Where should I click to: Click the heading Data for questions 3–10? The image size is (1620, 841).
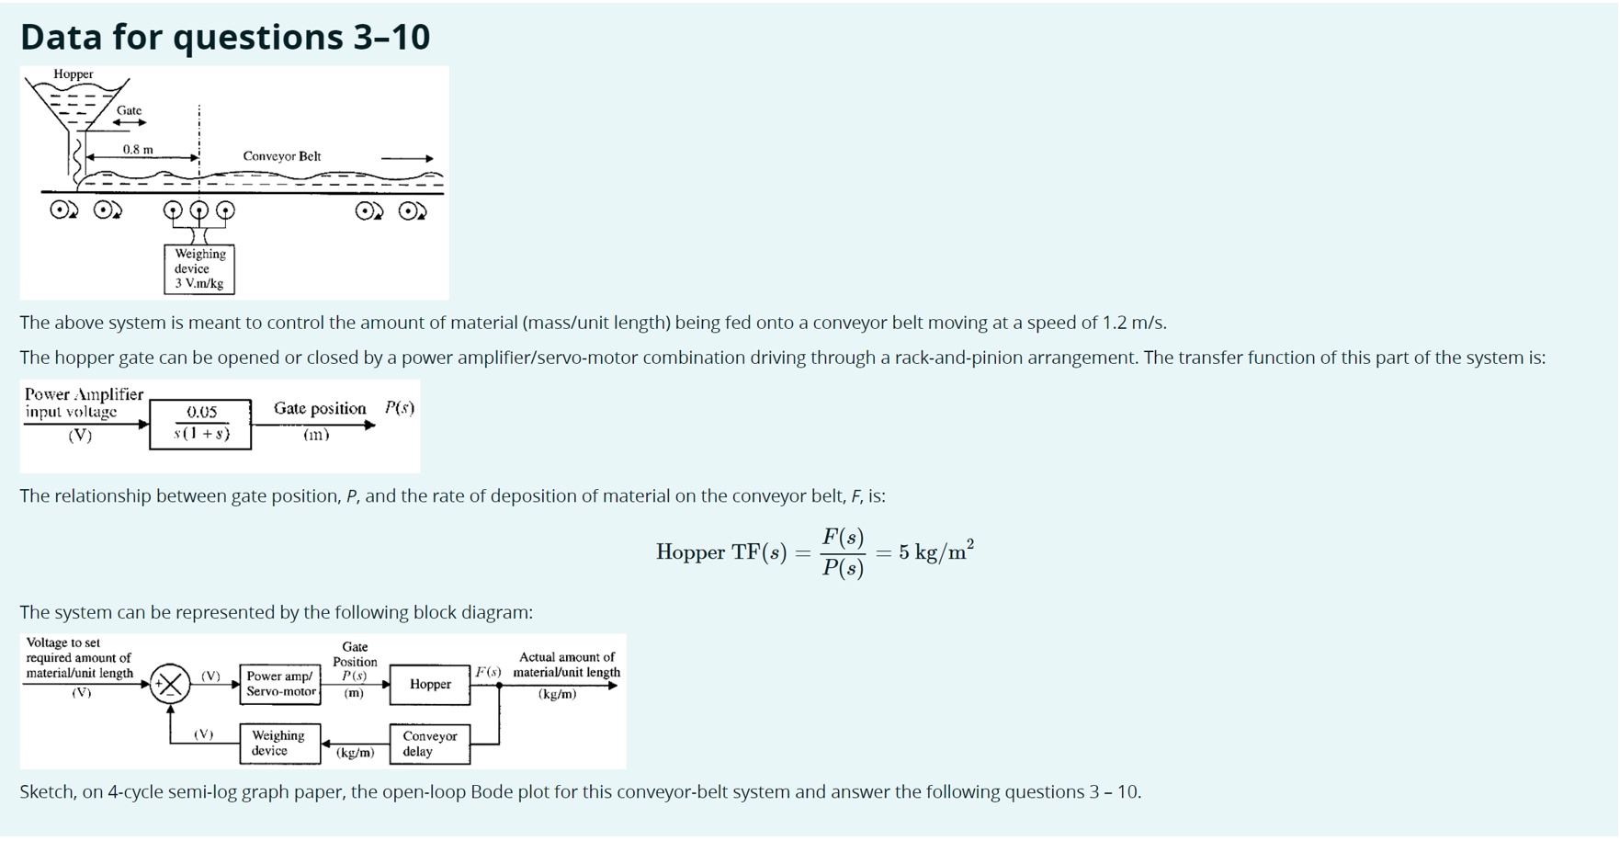point(225,37)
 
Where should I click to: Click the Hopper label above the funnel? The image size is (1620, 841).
point(73,74)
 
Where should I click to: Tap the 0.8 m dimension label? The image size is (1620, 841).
point(138,149)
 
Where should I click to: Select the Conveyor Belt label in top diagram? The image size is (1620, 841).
point(281,156)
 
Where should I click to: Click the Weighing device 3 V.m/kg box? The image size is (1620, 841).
point(199,268)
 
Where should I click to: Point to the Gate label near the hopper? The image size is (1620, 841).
point(129,110)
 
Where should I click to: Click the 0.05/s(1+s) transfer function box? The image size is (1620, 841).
point(200,424)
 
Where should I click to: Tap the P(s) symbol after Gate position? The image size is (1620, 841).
point(399,407)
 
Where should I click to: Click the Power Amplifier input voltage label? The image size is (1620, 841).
point(83,403)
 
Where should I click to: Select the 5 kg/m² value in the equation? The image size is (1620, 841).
point(935,552)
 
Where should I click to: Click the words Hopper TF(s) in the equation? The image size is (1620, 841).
point(720,552)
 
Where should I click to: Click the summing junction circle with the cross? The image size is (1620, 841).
point(170,684)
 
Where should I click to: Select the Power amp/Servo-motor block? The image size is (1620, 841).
point(280,684)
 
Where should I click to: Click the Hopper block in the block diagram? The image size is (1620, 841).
point(429,684)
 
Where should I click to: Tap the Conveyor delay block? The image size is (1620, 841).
point(429,744)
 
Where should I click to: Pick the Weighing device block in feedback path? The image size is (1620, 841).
point(279,743)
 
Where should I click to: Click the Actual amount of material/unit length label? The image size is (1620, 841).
point(566,665)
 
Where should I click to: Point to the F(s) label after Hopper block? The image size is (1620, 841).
point(487,673)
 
